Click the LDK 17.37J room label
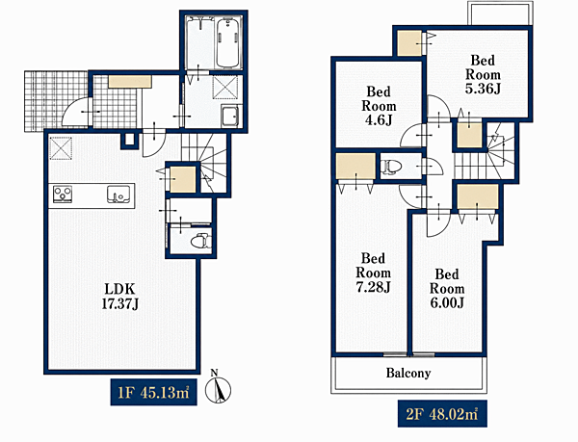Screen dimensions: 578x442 point(120,296)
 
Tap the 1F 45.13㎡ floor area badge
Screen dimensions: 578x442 point(154,392)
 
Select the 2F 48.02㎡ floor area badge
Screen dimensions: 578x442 point(442,414)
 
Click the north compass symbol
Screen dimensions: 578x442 point(218,387)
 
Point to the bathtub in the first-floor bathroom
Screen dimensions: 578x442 point(227,42)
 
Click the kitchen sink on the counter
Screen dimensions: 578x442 point(118,194)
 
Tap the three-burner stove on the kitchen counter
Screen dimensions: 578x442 point(63,195)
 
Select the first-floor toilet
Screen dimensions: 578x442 point(201,242)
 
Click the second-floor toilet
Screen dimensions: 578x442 point(390,167)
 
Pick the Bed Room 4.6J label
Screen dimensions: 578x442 point(379,106)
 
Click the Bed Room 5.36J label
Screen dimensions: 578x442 point(483,75)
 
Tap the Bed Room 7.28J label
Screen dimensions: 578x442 point(373,273)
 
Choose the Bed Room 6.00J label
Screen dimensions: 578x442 point(447,288)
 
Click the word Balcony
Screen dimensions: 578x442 point(408,373)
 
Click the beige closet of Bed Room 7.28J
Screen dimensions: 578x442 point(356,167)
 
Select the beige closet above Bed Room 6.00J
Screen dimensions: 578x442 point(478,197)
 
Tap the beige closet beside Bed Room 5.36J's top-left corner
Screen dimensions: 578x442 point(409,43)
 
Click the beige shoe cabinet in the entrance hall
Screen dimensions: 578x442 point(130,82)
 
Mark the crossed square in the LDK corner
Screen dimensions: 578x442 point(61,148)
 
